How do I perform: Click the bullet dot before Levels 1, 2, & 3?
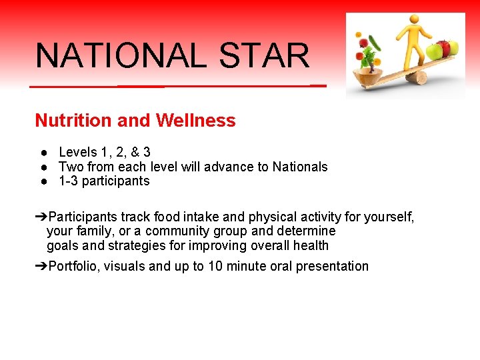43,153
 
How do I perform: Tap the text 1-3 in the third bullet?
67,181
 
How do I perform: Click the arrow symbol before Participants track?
41,217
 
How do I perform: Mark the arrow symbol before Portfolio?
41,267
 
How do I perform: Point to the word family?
95,231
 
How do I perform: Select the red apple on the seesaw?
438,51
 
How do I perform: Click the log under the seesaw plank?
417,79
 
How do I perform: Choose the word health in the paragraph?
310,245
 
